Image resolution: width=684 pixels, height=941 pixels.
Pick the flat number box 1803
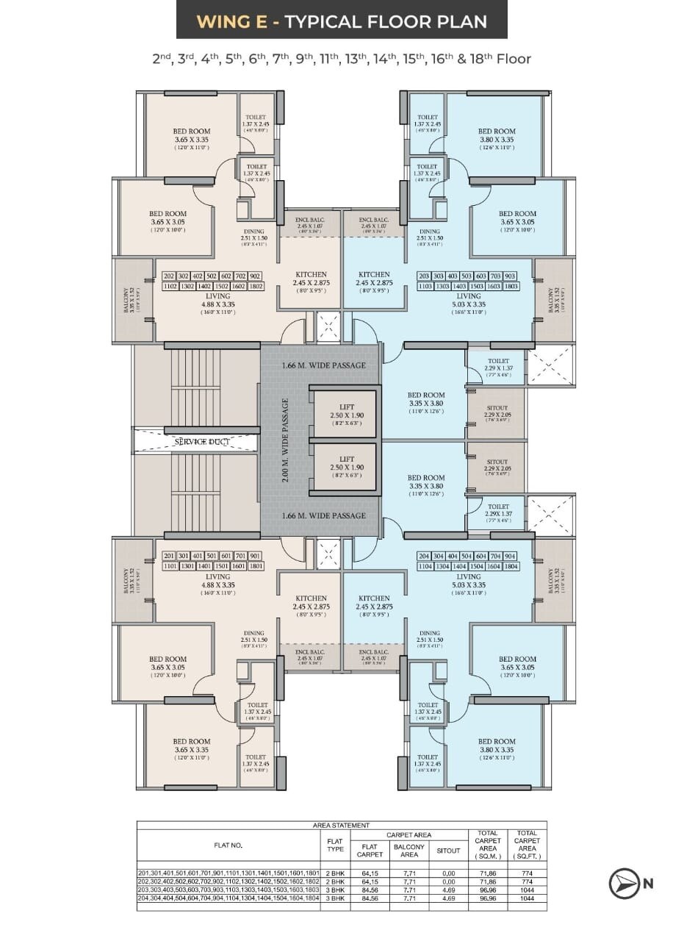click(x=511, y=286)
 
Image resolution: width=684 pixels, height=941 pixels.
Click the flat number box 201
click(x=170, y=556)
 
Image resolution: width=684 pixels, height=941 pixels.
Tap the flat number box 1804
click(x=511, y=566)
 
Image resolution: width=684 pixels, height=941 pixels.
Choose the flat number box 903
click(x=511, y=276)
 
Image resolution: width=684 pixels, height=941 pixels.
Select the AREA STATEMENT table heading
click(x=342, y=826)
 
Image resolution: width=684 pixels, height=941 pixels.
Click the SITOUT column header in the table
click(x=448, y=850)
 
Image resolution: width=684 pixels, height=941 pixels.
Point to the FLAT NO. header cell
click(x=228, y=845)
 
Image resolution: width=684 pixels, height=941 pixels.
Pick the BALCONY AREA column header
click(x=409, y=851)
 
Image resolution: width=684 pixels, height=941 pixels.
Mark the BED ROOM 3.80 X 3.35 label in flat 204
click(x=497, y=746)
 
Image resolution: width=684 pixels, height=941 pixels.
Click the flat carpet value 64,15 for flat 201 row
click(x=370, y=873)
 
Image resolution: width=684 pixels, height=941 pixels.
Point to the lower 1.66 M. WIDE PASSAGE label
click(x=324, y=515)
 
